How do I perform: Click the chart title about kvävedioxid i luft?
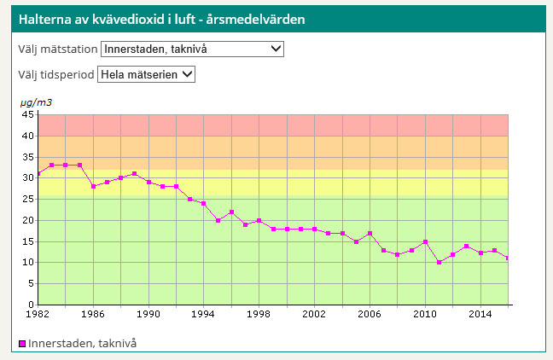point(162,18)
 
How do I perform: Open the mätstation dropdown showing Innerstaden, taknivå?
point(192,49)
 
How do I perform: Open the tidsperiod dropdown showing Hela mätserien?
point(147,74)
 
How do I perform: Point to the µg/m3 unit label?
point(36,102)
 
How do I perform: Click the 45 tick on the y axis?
point(27,114)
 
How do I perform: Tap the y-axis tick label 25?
point(27,199)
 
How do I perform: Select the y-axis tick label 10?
point(27,262)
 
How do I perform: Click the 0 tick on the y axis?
point(30,305)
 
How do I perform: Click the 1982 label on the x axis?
point(38,314)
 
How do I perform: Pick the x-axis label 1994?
point(204,314)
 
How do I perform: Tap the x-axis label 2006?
point(370,314)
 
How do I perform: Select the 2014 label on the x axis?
point(480,314)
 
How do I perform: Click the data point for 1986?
point(93,186)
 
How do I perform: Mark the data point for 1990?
point(148,182)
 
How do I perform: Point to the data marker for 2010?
point(425,241)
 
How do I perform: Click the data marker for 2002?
point(315,229)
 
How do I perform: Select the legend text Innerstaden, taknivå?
point(83,343)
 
